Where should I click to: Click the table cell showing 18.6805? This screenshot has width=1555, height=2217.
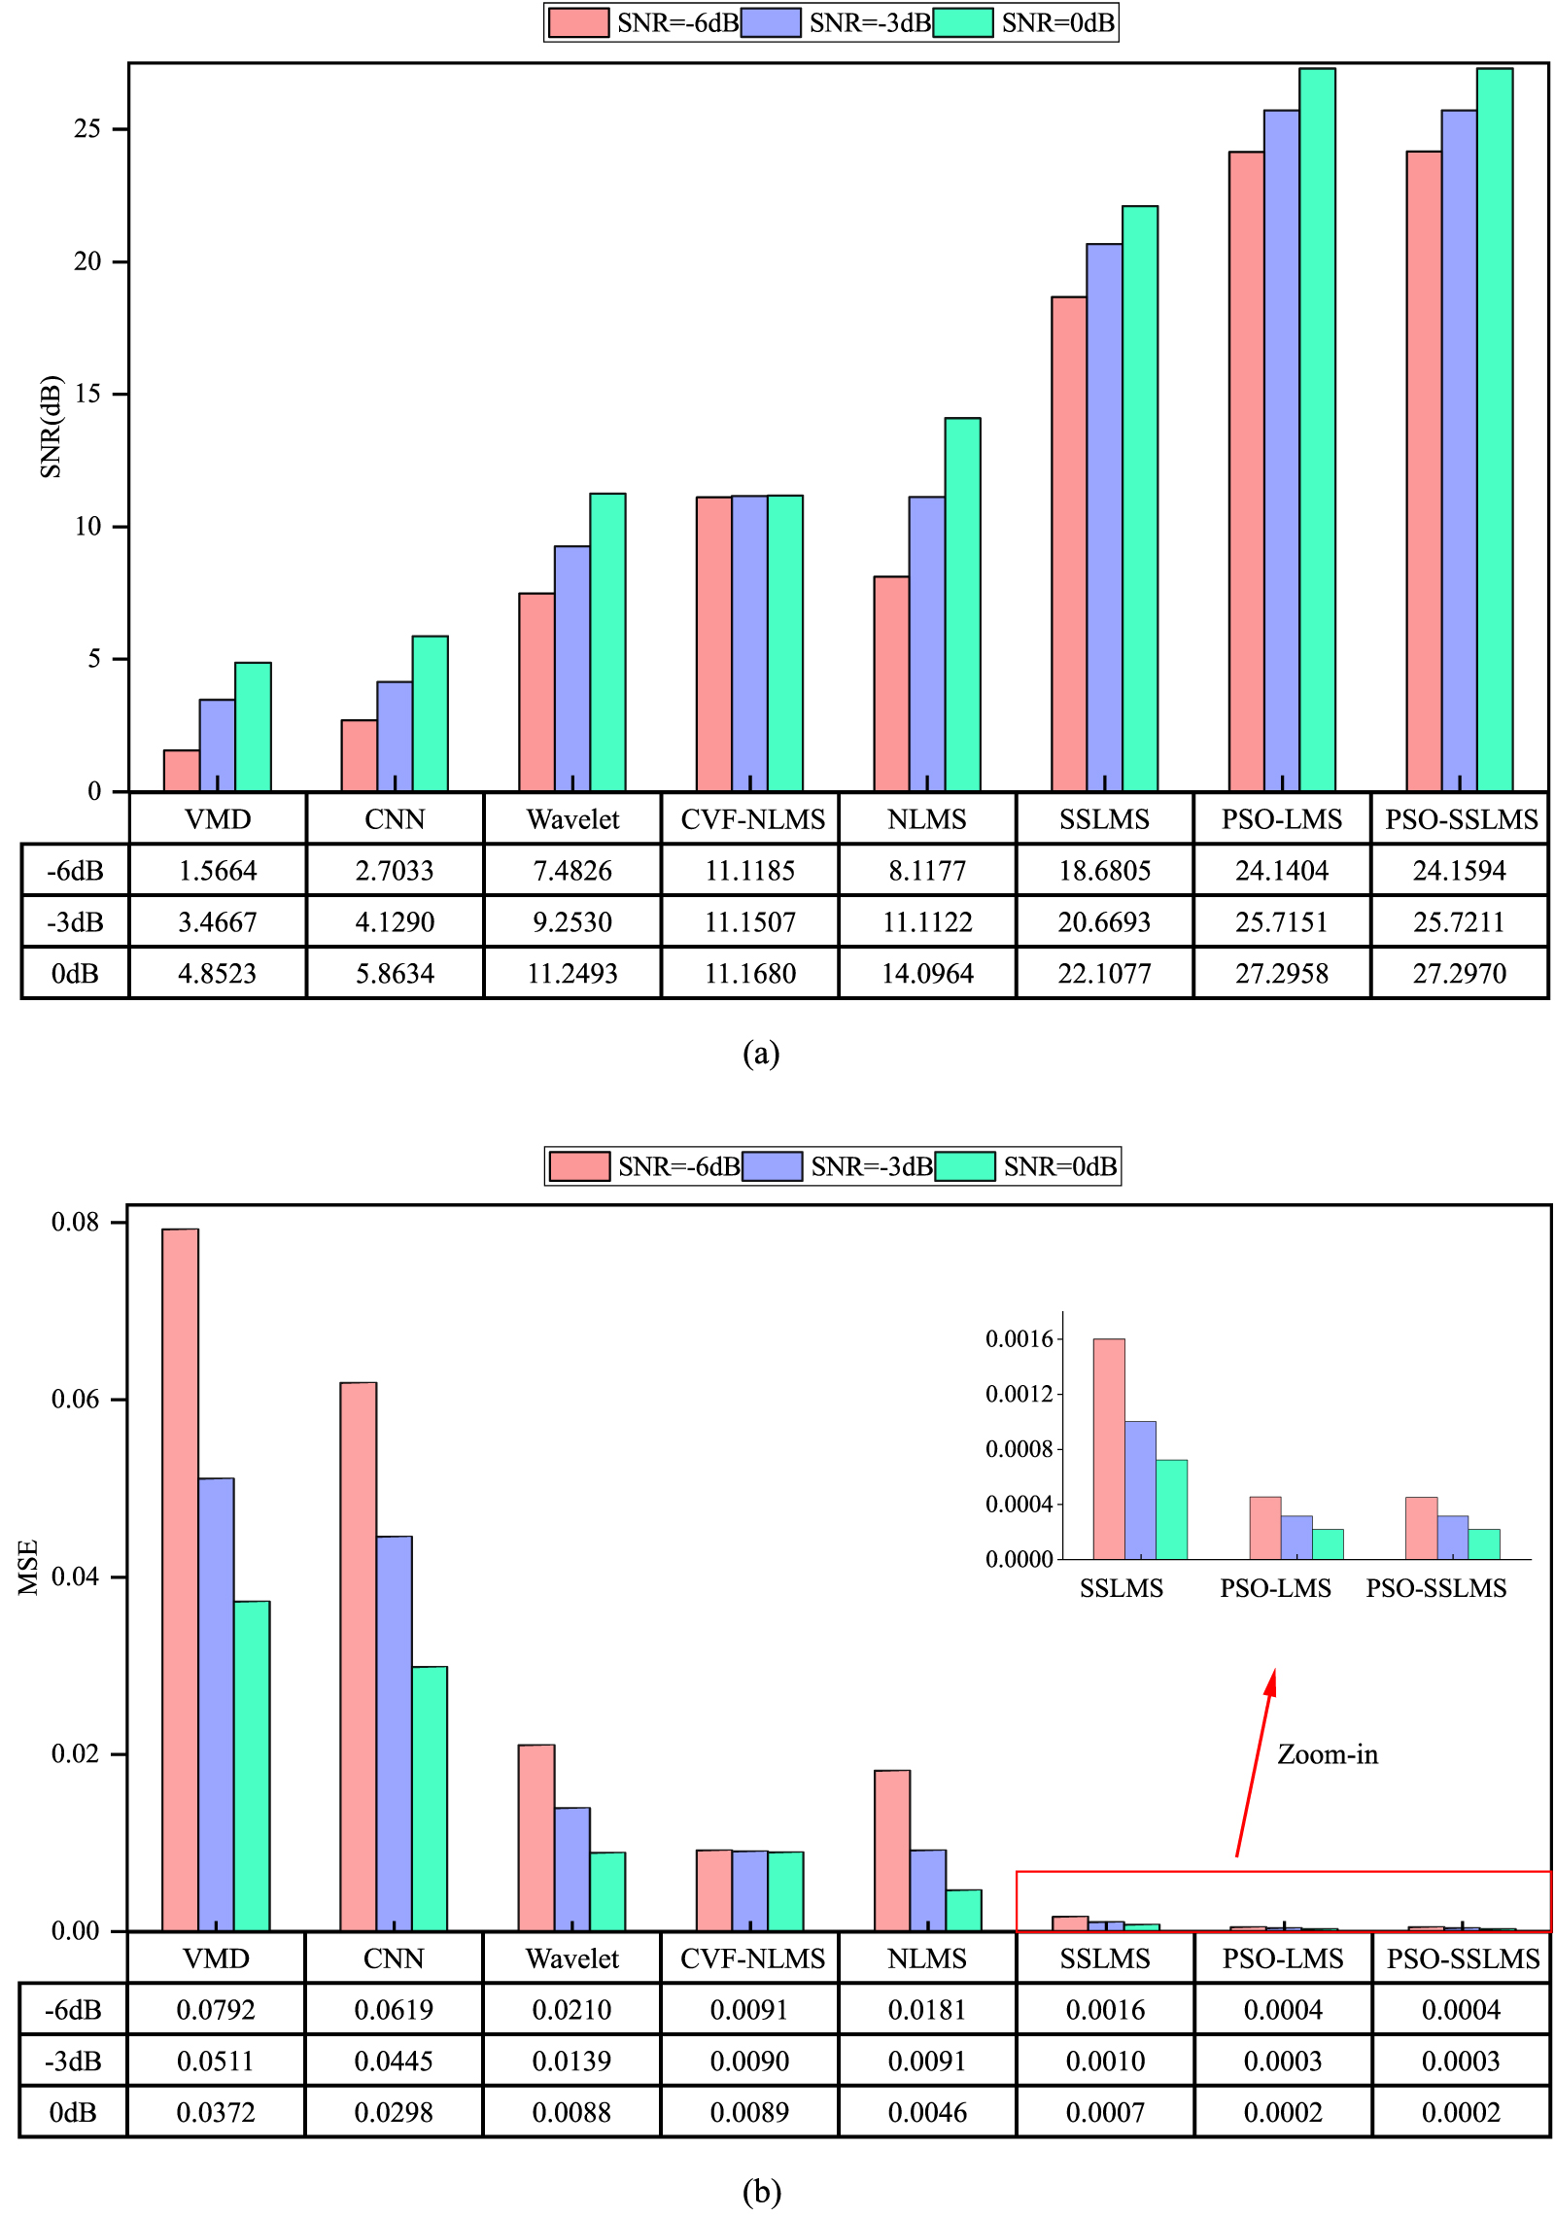click(1104, 870)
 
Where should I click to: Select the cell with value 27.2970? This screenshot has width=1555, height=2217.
click(1459, 973)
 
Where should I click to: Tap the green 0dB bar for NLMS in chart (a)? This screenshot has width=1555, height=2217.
click(962, 603)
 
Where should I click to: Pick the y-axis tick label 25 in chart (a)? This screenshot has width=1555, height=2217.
click(87, 129)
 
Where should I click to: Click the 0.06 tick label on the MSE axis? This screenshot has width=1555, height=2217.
click(75, 1400)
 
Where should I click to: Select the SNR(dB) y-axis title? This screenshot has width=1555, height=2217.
click(51, 426)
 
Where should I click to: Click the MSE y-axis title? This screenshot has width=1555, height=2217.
click(28, 1567)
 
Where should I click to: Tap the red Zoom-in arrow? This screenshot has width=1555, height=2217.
click(1255, 1763)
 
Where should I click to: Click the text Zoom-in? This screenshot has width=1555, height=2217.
click(1327, 1754)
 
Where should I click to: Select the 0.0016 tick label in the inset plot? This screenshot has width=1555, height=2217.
click(1019, 1339)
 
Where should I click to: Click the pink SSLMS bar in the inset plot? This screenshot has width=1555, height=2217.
click(1109, 1448)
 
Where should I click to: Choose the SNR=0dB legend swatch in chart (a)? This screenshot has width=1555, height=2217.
click(963, 22)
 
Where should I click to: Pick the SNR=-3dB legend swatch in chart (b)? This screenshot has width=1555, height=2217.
click(773, 1165)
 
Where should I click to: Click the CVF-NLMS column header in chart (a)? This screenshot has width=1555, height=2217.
click(752, 819)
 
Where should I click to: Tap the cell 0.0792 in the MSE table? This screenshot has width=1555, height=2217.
click(216, 2009)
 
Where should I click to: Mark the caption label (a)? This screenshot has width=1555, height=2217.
click(761, 1053)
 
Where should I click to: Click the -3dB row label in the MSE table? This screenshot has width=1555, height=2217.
click(73, 2061)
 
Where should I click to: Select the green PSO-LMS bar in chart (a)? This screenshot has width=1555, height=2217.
click(1317, 428)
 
